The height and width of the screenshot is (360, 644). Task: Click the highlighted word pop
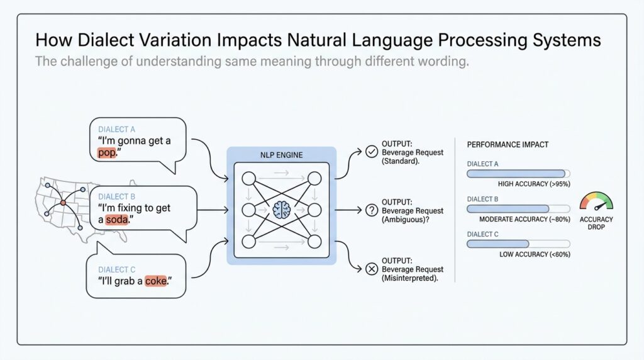point(107,153)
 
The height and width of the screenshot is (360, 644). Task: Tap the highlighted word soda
point(118,220)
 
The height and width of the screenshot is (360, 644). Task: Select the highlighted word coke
point(156,281)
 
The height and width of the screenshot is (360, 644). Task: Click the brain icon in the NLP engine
point(281,210)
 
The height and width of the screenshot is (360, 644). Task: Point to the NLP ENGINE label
point(281,155)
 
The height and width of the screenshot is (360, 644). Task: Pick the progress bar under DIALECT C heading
point(518,244)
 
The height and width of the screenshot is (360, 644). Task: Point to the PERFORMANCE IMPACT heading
point(508,144)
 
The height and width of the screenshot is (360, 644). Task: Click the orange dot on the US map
point(62,203)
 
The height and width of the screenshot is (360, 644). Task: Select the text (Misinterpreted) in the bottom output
point(411,278)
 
